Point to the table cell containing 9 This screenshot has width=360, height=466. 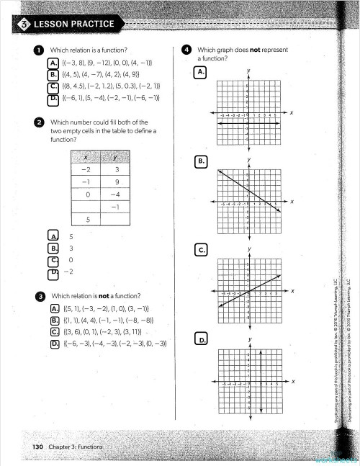114,182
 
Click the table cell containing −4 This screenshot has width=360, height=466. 114,194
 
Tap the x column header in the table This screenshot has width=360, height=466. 87,158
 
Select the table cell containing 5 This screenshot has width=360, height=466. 87,219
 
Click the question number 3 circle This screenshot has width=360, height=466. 41,296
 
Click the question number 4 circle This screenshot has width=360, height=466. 186,50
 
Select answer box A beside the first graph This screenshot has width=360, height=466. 201,73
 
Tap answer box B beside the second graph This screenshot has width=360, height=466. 202,162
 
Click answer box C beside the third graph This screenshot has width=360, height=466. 202,250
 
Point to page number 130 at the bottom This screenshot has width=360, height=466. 38,447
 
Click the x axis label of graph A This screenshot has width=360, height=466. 292,112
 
